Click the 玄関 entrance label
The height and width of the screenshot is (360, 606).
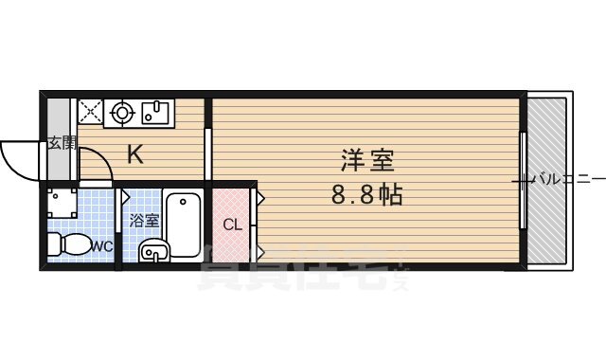(62, 143)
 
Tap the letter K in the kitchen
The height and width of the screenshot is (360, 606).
(135, 154)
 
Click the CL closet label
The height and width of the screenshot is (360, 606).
(231, 225)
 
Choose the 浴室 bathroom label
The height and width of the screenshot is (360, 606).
(144, 221)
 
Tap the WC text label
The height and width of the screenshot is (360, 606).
(101, 246)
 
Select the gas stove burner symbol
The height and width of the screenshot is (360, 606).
(121, 113)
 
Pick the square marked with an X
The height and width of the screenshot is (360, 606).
(90, 113)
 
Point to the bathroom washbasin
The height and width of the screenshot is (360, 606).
(153, 252)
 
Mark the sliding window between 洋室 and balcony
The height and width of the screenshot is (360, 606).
(523, 180)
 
